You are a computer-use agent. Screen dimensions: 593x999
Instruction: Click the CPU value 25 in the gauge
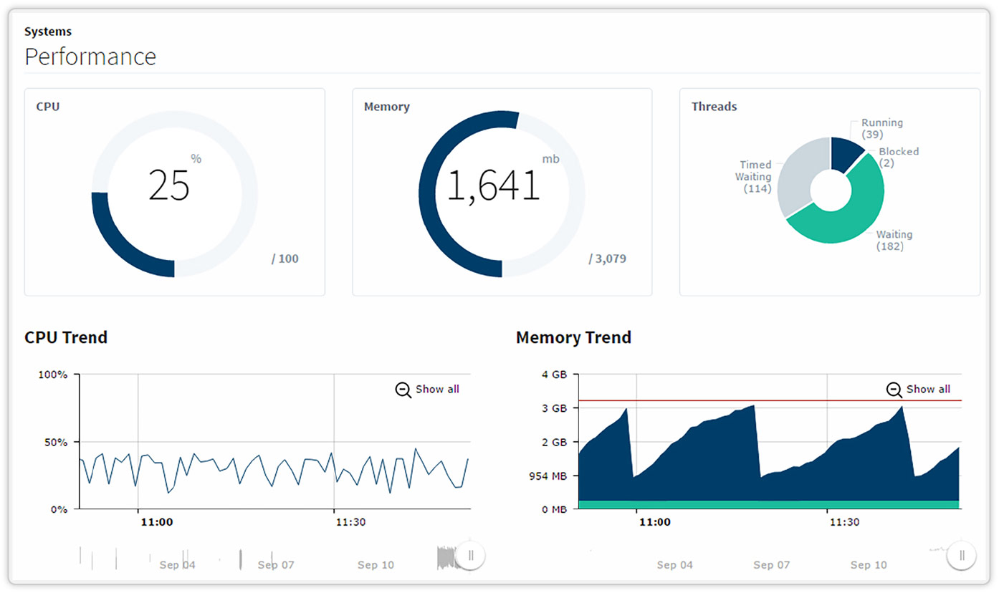point(169,185)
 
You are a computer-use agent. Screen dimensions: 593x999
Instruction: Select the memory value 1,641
point(493,185)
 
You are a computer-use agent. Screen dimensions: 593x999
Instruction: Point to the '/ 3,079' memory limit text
point(607,259)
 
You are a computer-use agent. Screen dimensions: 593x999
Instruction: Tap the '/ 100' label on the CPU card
point(285,259)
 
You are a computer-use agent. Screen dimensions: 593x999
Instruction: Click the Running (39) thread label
point(881,129)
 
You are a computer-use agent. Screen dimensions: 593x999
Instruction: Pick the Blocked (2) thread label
point(898,157)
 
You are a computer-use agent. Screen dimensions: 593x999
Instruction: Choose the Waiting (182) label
point(893,240)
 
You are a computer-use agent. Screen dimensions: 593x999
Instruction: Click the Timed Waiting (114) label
point(755,177)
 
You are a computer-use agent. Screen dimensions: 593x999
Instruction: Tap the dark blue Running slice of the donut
point(846,152)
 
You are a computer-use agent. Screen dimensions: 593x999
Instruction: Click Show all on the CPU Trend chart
point(428,389)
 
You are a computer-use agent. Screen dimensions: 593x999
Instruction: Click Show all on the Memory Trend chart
point(919,389)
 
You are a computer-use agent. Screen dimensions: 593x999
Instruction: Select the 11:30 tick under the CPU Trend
point(350,522)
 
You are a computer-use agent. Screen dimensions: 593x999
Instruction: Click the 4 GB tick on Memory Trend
point(554,375)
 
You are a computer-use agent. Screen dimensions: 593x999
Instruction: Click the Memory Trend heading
point(573,337)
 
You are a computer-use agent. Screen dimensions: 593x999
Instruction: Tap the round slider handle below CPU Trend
point(470,555)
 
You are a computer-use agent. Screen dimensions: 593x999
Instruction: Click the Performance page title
point(90,57)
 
